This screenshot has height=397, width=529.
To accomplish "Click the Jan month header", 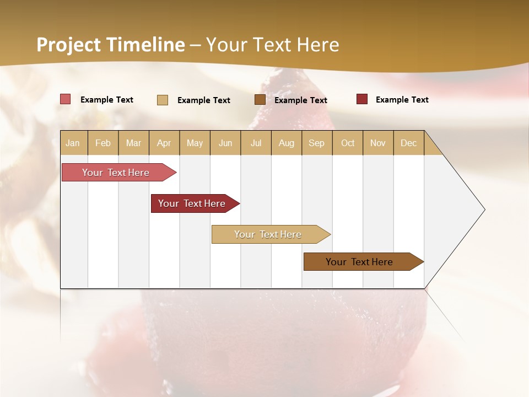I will [73, 143].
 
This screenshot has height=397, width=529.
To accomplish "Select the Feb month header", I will [103, 143].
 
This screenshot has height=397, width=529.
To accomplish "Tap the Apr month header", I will [164, 143].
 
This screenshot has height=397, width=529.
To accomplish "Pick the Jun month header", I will [225, 143].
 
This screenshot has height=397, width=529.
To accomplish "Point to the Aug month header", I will [287, 143].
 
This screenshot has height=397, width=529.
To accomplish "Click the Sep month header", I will [317, 143].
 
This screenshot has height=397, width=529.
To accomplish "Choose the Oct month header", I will [348, 143].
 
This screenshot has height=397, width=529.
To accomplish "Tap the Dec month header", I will [409, 143].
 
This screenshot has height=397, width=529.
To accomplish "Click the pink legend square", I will [66, 99].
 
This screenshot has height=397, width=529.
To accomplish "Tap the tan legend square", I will [163, 100].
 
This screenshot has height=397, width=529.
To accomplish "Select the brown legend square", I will [260, 100].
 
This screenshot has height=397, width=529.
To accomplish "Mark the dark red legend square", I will [362, 99].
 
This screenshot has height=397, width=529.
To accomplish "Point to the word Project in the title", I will [69, 45].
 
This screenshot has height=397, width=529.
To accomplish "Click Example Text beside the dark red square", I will [402, 100].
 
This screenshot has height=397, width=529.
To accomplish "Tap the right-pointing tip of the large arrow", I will [483, 210].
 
